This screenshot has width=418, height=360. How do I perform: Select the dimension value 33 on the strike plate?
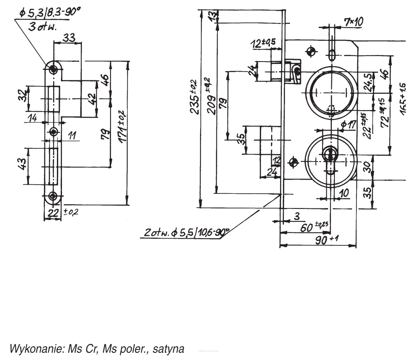[x=69, y=38]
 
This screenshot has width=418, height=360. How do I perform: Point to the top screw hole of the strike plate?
[x=54, y=69]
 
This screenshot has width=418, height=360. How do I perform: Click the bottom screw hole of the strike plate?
[x=53, y=195]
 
